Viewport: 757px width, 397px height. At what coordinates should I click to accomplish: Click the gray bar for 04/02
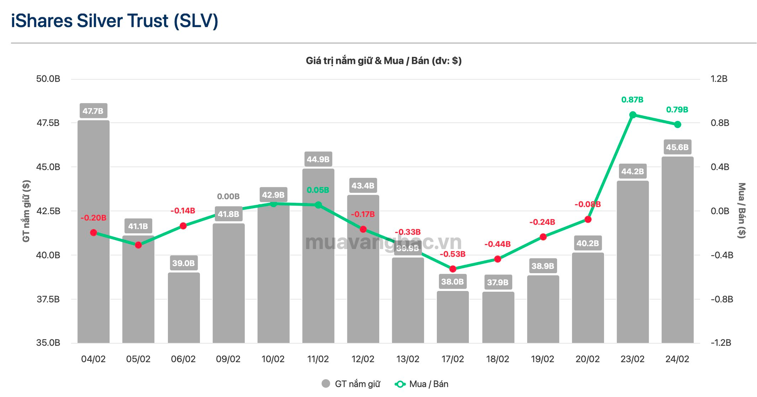(93, 276)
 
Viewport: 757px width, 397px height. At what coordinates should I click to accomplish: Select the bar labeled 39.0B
(184, 308)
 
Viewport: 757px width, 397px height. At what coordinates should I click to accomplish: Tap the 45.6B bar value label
(677, 147)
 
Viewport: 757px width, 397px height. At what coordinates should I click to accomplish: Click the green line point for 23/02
(633, 115)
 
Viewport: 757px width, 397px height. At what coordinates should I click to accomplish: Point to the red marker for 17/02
(453, 269)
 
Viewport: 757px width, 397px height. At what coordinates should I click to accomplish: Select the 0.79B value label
(677, 110)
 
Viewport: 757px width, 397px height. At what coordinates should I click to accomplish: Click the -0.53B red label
(453, 254)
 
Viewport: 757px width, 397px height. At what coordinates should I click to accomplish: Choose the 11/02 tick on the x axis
(318, 359)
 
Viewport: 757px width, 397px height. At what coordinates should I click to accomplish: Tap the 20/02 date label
(587, 359)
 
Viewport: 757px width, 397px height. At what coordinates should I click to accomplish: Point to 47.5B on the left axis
(48, 123)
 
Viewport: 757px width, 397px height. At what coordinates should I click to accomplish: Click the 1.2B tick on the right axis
(719, 79)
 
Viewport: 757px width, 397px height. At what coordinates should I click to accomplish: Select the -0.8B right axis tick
(722, 299)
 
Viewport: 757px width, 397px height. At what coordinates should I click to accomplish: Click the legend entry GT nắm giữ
(351, 384)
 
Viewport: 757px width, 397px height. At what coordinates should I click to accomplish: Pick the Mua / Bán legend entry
(422, 384)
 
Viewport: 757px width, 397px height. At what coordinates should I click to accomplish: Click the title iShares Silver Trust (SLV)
(114, 21)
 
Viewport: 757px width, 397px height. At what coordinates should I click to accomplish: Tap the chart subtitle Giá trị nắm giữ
(383, 61)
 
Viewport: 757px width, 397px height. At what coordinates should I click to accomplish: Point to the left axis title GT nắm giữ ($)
(26, 211)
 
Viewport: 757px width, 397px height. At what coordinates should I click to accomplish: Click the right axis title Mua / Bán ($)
(742, 211)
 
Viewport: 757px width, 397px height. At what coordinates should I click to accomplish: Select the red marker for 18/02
(498, 259)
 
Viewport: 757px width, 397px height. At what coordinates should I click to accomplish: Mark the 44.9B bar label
(318, 159)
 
